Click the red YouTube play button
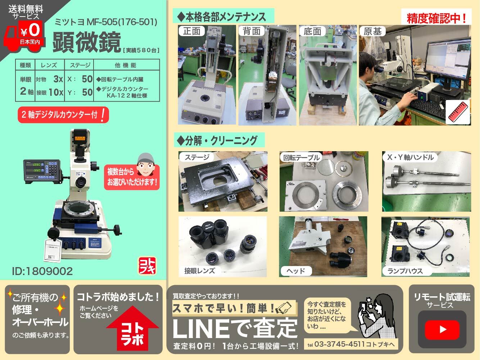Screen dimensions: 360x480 point(442,329)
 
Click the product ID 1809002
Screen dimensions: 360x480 point(42,271)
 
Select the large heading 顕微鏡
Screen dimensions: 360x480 point(86,42)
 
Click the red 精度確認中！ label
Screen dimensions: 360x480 point(436,18)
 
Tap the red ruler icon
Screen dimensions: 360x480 point(458,112)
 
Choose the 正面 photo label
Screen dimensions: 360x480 point(192,31)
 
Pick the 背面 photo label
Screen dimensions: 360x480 point(252,31)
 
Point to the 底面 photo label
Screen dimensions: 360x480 point(312,31)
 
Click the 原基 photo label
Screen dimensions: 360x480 point(372,31)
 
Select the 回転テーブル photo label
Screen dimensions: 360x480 point(301,157)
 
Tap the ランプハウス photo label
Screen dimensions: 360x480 point(405,271)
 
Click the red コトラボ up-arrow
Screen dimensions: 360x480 point(132,329)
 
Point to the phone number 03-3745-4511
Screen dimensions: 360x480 point(339,344)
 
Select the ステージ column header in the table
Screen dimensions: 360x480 point(80,65)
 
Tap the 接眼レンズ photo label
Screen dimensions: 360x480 point(200,271)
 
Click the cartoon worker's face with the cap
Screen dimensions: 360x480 point(146,163)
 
